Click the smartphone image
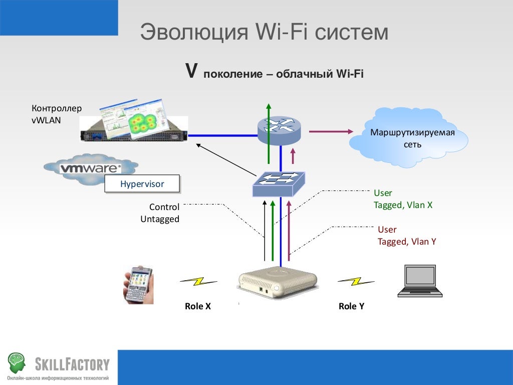tap(138, 284)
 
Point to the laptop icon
tap(420, 281)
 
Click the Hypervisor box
tap(142, 184)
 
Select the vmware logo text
tap(90, 168)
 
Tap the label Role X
tap(198, 306)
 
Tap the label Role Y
tap(351, 306)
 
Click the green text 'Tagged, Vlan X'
tap(403, 205)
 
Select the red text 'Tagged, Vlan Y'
tap(407, 242)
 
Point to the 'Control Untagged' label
tap(160, 213)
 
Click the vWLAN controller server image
tap(134, 125)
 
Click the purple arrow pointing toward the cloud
tap(331, 131)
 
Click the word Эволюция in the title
tap(194, 32)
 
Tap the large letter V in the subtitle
tap(190, 71)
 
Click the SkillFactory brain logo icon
tap(16, 362)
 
